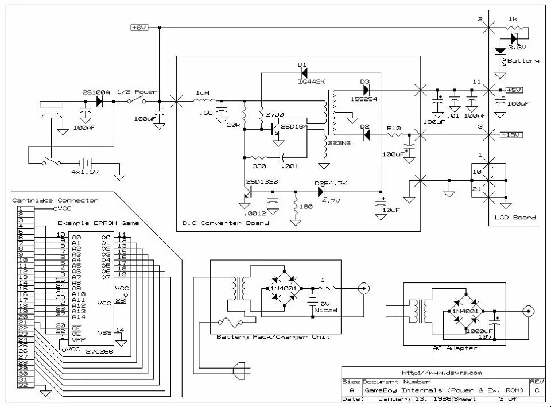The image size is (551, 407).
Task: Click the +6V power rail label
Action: pos(139,28)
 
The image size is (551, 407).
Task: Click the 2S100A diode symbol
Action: pos(99,102)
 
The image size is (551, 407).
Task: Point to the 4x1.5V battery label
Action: pos(86,172)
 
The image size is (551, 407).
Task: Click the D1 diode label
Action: pos(302,64)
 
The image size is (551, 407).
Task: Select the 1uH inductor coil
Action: pos(203,100)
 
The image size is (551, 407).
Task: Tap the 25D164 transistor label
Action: pos(294,126)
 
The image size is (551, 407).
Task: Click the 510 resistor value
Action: pos(393,127)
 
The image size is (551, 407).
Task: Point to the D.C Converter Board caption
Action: pos(225,223)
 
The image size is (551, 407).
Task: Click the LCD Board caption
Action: pos(515,218)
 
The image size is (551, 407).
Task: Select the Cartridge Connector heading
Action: pos(55,200)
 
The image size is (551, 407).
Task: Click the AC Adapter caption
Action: pos(455,348)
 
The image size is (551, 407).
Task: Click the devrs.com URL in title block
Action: pos(441,373)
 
